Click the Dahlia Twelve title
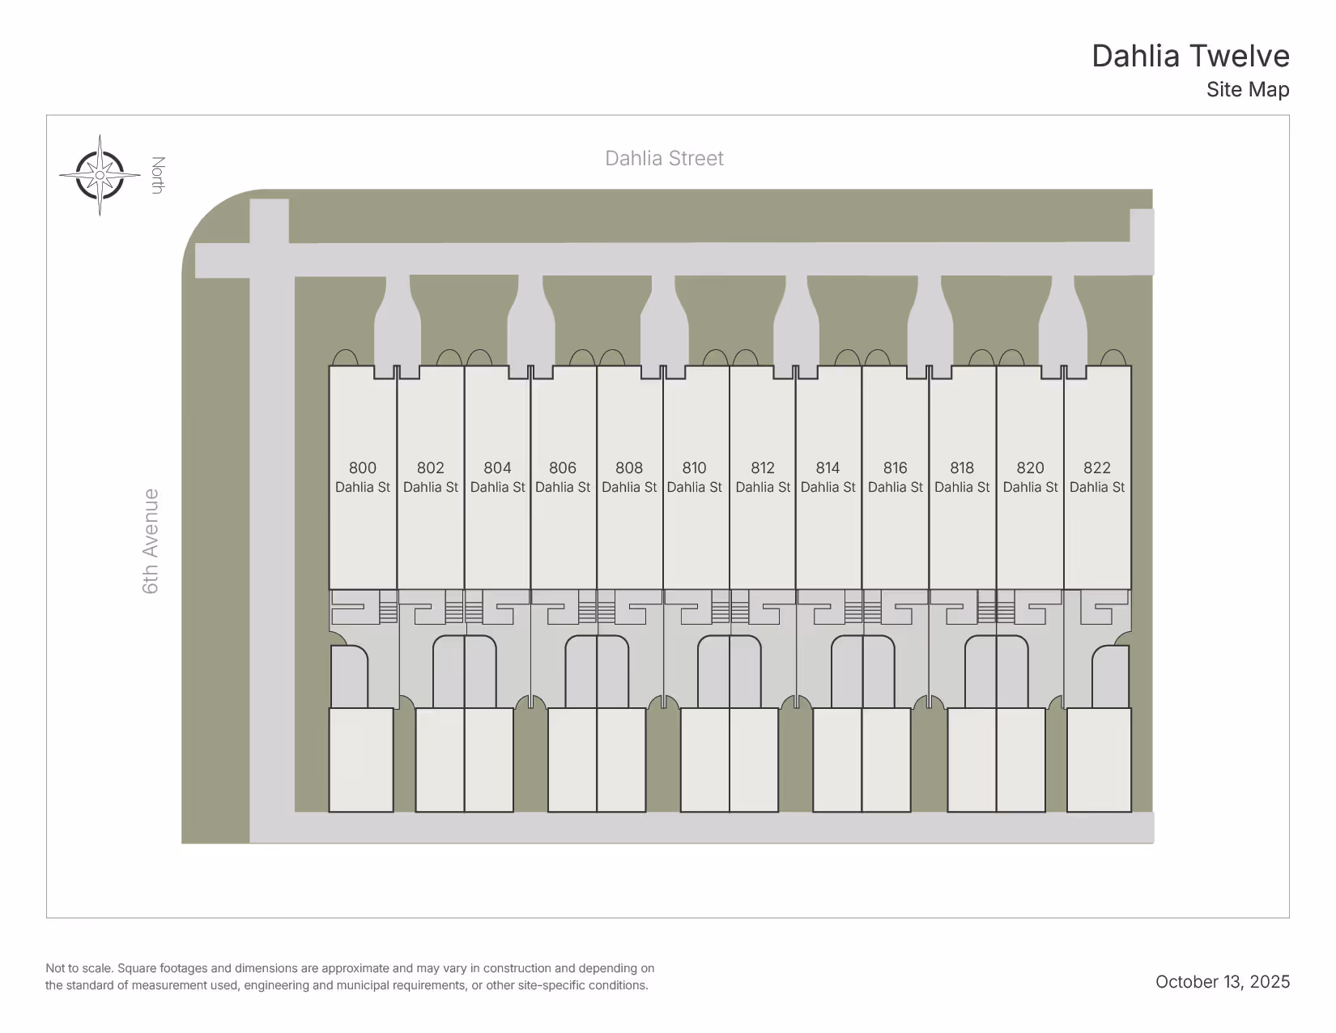pos(1189,57)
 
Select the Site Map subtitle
pos(1247,90)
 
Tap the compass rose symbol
pos(100,175)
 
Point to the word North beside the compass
pos(158,175)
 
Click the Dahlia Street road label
pos(664,159)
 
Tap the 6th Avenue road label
pos(151,540)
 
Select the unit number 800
pos(363,468)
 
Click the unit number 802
pos(431,468)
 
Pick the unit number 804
pos(497,468)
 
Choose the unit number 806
pos(563,468)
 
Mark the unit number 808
pos(629,468)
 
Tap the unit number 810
pos(694,468)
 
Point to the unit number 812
pos(763,468)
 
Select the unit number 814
pos(828,468)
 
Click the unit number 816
pos(896,468)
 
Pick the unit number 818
pos(962,468)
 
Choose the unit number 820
pos(1030,468)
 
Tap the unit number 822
pos(1097,468)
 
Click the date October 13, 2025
pos(1222,982)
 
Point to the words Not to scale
pos(79,968)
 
